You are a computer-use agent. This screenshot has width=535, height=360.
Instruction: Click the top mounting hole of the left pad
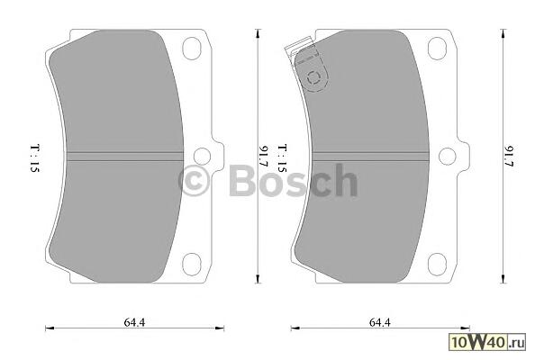point(192,49)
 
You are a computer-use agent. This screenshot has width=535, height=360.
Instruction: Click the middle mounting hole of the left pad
point(202,156)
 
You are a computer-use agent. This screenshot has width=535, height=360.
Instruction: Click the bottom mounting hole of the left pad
point(192,265)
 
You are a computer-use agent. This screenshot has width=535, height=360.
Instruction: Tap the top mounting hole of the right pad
point(437,49)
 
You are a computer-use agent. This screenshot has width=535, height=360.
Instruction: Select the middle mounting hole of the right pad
point(447,156)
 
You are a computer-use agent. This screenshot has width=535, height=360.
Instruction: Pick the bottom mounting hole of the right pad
point(437,265)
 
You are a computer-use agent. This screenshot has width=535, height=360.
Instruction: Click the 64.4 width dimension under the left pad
point(134,322)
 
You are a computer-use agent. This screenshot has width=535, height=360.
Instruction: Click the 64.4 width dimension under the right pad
point(380,322)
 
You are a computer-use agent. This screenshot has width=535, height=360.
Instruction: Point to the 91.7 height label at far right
point(510,156)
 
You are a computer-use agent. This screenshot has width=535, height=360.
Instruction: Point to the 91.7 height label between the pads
point(264,156)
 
